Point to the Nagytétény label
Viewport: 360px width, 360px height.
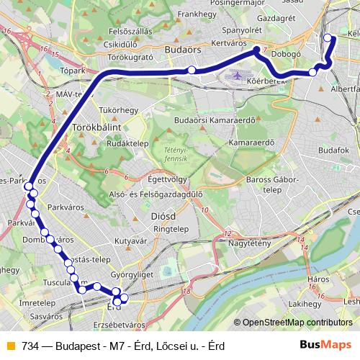pos(252,243)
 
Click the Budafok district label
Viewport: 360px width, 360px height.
pos(333,149)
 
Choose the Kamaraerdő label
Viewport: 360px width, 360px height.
pos(252,143)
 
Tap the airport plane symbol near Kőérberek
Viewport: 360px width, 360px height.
pos(238,75)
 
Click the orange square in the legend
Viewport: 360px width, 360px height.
pos(9,346)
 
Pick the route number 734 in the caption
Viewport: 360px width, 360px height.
pos(30,346)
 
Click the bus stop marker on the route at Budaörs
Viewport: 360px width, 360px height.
pos(192,69)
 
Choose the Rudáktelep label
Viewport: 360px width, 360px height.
pos(127,143)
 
